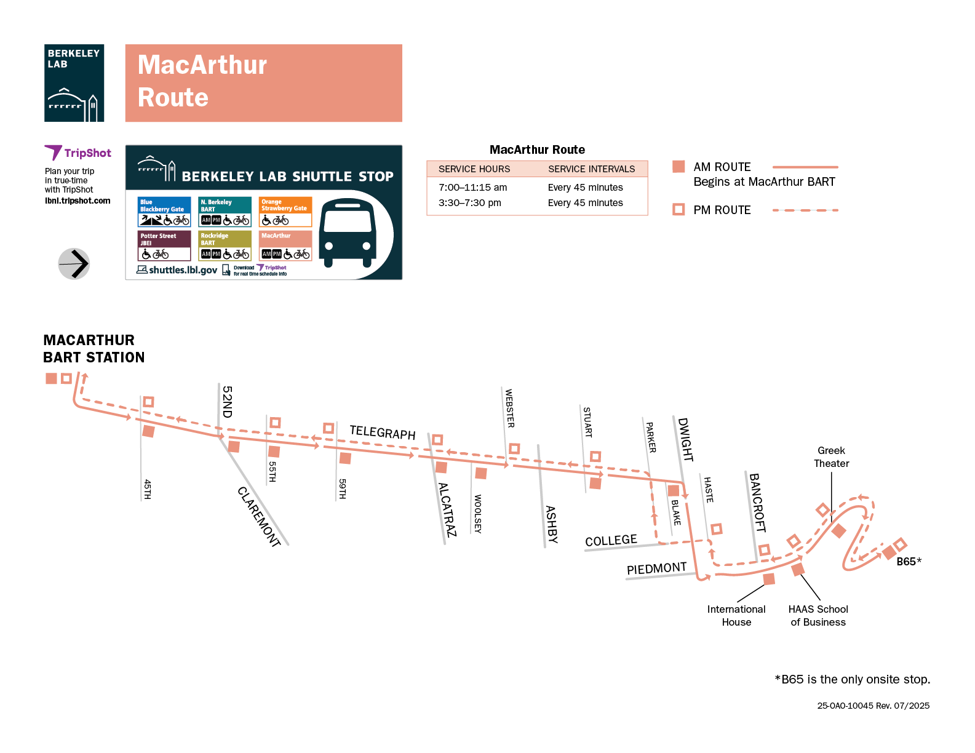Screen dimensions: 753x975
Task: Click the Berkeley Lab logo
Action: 74,83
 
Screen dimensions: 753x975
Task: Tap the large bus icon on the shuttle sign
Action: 348,232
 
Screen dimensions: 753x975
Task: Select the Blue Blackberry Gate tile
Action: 164,212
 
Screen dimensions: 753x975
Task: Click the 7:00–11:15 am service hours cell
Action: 473,188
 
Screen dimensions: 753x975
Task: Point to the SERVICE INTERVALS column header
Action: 591,169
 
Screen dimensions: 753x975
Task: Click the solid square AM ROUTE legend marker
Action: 679,167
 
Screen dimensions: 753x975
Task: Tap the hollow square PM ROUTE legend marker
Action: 679,210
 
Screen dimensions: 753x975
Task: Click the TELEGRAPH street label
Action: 383,432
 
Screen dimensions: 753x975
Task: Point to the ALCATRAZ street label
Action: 447,510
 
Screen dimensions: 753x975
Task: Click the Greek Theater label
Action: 831,457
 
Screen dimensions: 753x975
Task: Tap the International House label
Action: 736,615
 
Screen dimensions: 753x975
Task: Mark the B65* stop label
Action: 909,562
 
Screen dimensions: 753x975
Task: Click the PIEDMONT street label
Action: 656,568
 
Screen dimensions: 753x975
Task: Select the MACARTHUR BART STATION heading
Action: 94,349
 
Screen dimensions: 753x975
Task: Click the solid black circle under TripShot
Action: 74,264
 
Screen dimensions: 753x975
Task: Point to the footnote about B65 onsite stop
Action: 852,680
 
